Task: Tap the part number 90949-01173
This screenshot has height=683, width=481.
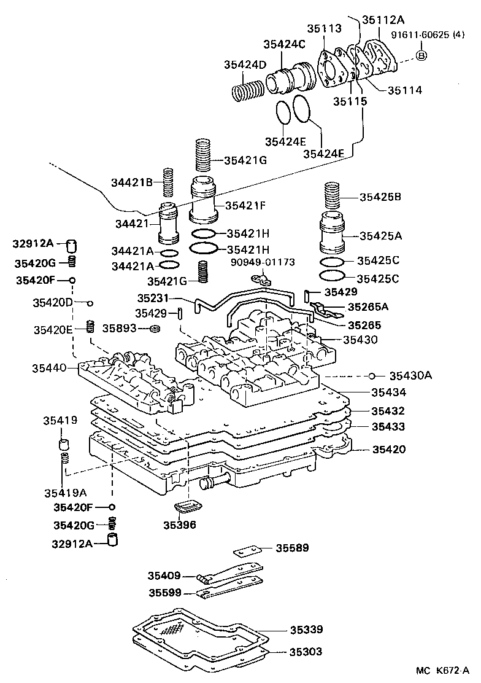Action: (x=263, y=262)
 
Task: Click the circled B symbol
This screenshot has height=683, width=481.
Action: (x=421, y=56)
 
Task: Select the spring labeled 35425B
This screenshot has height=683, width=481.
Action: (x=332, y=197)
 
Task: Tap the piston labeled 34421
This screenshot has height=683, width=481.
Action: (x=168, y=224)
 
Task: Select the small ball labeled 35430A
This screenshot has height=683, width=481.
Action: (x=372, y=376)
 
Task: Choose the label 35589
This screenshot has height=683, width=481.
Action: (x=291, y=547)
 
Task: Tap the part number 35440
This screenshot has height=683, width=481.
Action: (x=50, y=368)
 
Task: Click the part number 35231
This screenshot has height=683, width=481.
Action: (x=152, y=298)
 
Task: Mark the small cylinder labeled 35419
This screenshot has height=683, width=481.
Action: (x=63, y=444)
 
